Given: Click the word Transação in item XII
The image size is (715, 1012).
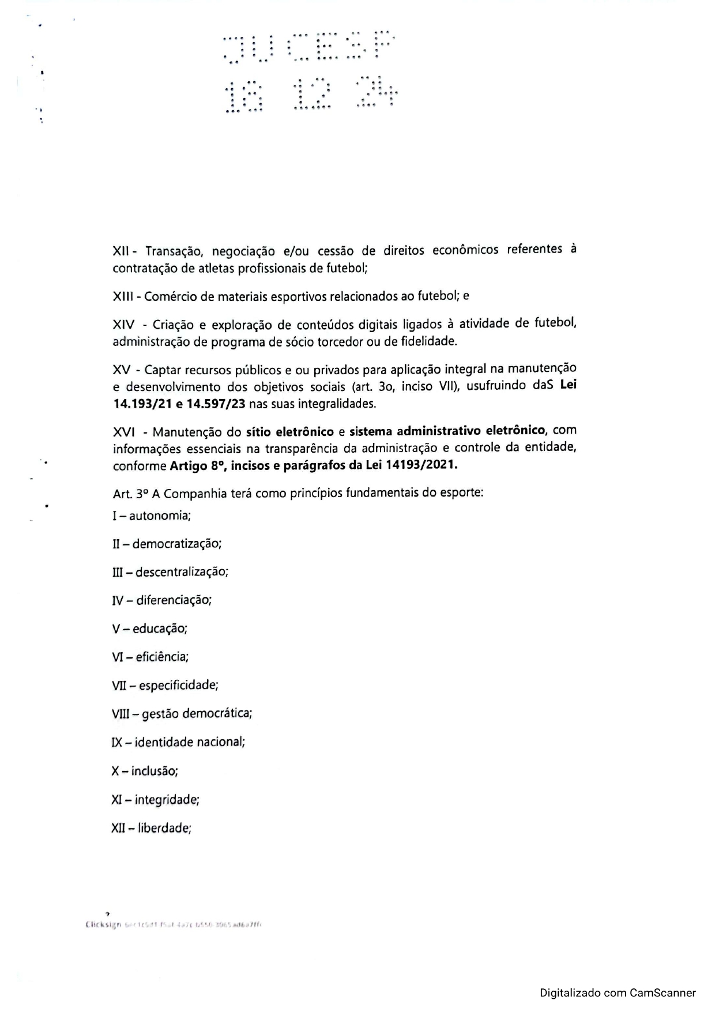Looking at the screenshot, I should (174, 251).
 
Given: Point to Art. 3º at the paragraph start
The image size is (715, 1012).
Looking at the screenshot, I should (130, 494).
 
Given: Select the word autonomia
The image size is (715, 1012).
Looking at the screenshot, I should (160, 516).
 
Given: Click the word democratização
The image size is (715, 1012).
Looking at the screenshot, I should (177, 544).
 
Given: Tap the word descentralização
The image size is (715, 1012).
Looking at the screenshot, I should (182, 572).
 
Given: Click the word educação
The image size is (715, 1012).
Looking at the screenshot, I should (160, 629).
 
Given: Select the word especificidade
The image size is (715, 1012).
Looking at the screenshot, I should (178, 686).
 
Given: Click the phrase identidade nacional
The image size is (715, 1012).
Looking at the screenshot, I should (190, 742).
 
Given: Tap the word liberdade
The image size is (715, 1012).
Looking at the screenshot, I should (164, 829).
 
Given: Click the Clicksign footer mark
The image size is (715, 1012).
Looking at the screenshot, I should (103, 924).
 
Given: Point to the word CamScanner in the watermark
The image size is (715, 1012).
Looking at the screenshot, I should (663, 993).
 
